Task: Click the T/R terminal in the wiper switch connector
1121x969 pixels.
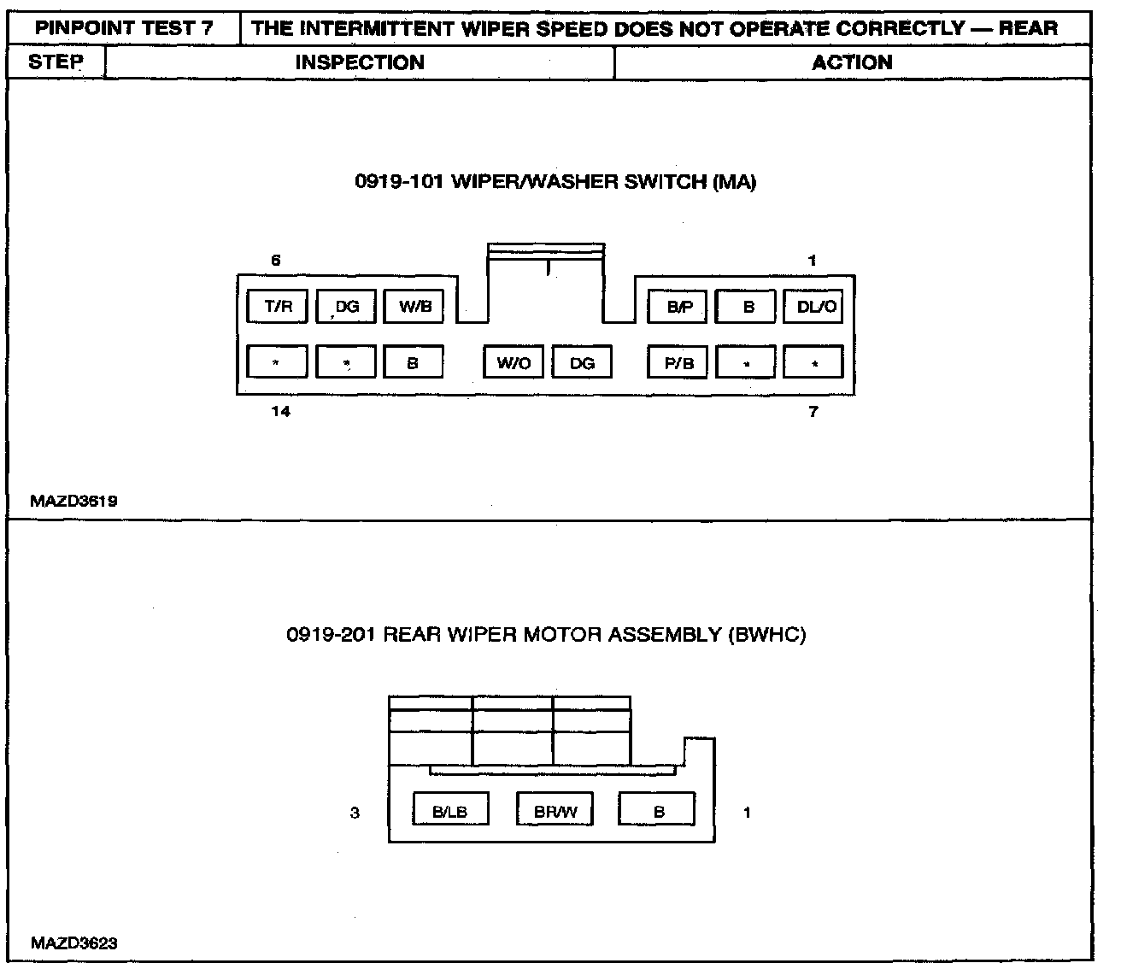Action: (x=278, y=307)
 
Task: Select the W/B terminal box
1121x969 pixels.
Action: (x=414, y=307)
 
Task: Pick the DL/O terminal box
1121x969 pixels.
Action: (x=814, y=307)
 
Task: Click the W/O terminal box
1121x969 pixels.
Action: (x=514, y=363)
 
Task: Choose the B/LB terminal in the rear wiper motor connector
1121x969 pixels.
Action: (x=450, y=812)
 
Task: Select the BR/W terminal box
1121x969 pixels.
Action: (x=555, y=812)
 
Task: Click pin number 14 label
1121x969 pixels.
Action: (x=280, y=412)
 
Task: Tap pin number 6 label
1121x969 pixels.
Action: (x=276, y=261)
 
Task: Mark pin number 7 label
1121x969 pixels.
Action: (x=813, y=412)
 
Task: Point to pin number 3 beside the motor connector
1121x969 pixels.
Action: (x=355, y=813)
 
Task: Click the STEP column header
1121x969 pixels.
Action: (x=56, y=62)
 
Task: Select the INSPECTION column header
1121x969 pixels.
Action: (x=360, y=62)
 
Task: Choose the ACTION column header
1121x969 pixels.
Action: (x=852, y=62)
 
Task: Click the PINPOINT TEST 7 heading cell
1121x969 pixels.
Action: (x=124, y=27)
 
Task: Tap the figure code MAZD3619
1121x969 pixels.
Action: (x=73, y=502)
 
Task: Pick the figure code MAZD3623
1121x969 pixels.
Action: (x=73, y=944)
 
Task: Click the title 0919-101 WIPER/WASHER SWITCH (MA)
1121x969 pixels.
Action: (x=555, y=182)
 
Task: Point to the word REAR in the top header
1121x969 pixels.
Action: (x=1028, y=27)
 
